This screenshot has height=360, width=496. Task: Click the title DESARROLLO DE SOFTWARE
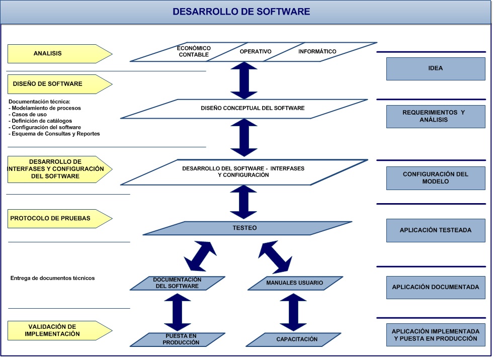point(241,12)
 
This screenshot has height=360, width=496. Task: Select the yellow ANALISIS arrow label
point(55,53)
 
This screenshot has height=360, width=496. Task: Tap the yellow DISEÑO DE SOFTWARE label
point(55,84)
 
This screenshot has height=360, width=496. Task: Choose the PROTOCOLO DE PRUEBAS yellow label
point(55,218)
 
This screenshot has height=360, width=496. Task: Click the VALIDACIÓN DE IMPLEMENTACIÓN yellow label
point(55,330)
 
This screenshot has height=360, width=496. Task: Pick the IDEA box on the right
point(436,68)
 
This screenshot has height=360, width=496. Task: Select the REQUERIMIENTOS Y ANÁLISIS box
point(436,116)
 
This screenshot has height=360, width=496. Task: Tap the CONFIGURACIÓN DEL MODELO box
point(436,177)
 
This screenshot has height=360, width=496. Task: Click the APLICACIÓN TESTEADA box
point(436,230)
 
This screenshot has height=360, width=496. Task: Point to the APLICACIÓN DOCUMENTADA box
point(436,288)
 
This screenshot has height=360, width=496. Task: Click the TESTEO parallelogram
point(245,228)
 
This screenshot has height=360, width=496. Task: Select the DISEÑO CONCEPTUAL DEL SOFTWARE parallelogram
point(245,108)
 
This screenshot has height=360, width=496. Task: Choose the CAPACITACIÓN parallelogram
point(297,339)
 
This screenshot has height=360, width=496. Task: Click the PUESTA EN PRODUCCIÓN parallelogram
point(181,339)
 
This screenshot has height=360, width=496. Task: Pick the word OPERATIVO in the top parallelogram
point(256,52)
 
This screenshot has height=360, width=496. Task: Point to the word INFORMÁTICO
point(317,52)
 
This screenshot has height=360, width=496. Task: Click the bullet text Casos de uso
point(29,115)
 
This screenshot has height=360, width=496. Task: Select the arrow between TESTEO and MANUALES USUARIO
point(275,256)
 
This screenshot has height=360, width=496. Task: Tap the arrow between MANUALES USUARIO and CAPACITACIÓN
point(293,312)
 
